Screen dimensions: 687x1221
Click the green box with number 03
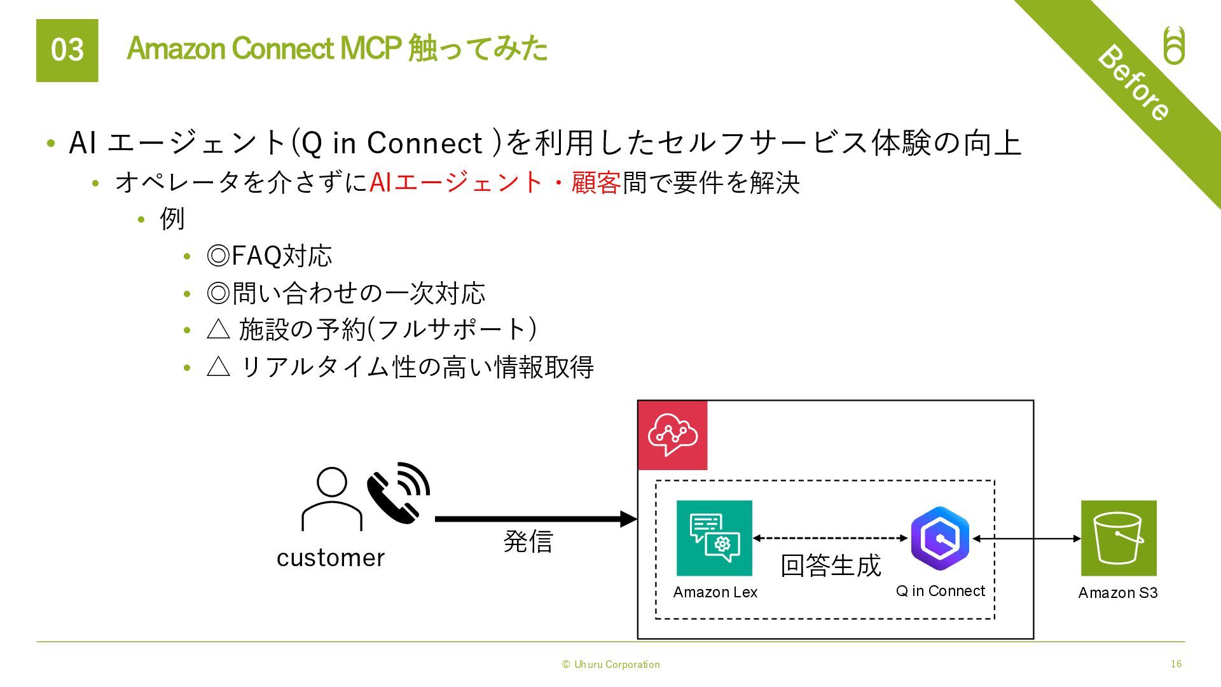(x=67, y=50)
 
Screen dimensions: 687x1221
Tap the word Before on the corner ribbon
(x=1133, y=83)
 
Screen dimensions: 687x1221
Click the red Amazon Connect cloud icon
(x=672, y=435)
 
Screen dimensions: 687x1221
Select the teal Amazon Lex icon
(x=714, y=538)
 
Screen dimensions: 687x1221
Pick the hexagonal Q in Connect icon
(x=939, y=538)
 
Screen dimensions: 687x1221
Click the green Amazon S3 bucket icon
(x=1119, y=538)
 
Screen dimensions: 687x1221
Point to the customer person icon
(x=331, y=499)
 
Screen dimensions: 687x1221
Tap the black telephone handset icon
(x=397, y=493)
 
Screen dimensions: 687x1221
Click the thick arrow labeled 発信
(x=535, y=519)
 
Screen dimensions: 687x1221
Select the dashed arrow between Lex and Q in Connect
(x=831, y=538)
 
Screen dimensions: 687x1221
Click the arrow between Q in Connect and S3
(x=1026, y=539)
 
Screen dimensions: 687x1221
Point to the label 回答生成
(x=831, y=566)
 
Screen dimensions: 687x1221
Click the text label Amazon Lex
(x=715, y=592)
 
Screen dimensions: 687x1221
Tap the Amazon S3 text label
(x=1118, y=593)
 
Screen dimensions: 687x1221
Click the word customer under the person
(x=331, y=558)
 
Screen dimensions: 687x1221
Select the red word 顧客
(x=596, y=183)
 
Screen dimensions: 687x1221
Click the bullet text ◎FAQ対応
(x=269, y=256)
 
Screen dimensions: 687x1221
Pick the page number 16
(x=1176, y=664)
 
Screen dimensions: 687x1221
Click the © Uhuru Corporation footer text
(x=610, y=665)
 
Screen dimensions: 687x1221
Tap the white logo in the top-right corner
(x=1174, y=46)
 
